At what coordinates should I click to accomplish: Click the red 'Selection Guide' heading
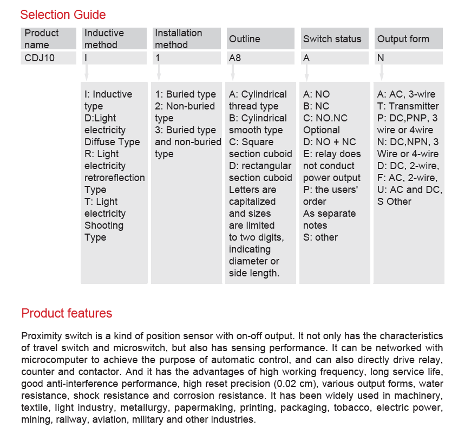coord(63,15)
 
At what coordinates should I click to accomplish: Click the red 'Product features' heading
coord(67,313)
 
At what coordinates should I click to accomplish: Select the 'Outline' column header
coord(244,39)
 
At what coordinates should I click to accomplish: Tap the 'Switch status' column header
coord(332,39)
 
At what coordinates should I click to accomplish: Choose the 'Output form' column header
coord(403,39)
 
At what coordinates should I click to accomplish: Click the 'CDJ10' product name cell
coord(40,57)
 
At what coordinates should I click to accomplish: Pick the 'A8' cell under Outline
coord(235,57)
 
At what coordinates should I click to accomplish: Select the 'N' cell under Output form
coord(381,57)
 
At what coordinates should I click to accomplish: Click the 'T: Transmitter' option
coord(408,106)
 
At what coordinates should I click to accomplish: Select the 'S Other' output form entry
coord(394,202)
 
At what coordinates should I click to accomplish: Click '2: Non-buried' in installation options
coord(185,106)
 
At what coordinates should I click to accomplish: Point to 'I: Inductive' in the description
coord(108,94)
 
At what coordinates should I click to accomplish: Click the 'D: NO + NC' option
coord(329,142)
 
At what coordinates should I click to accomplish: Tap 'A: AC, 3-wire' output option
coord(406,94)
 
